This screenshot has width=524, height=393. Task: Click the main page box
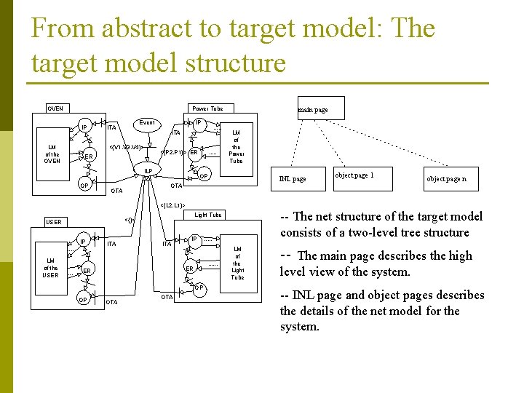coord(320,108)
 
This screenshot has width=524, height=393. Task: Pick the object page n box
coord(446,179)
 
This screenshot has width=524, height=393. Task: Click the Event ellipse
coord(148,123)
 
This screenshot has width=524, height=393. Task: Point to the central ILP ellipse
coord(148,171)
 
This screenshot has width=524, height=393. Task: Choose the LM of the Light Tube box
coord(237,263)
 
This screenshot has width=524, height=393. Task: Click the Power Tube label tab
coord(207,108)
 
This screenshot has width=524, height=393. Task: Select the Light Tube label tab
coord(208,215)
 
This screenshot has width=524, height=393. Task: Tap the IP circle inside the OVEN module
coord(84,128)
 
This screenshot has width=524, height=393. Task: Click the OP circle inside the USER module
coord(84,300)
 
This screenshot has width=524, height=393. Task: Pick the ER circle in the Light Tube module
coord(188,269)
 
